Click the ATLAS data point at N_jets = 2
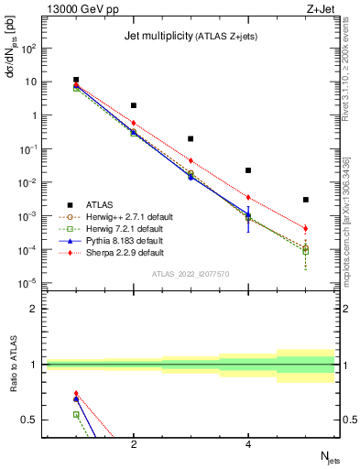[x=134, y=105]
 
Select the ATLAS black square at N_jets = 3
[x=191, y=139]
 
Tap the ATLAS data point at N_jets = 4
[x=248, y=170]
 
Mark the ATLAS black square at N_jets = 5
[x=306, y=200]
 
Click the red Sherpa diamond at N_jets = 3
[x=191, y=160]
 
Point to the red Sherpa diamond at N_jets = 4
[x=248, y=197]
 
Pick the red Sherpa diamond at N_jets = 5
[x=306, y=228]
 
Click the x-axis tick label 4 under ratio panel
[x=248, y=445]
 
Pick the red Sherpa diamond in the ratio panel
[x=76, y=393]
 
